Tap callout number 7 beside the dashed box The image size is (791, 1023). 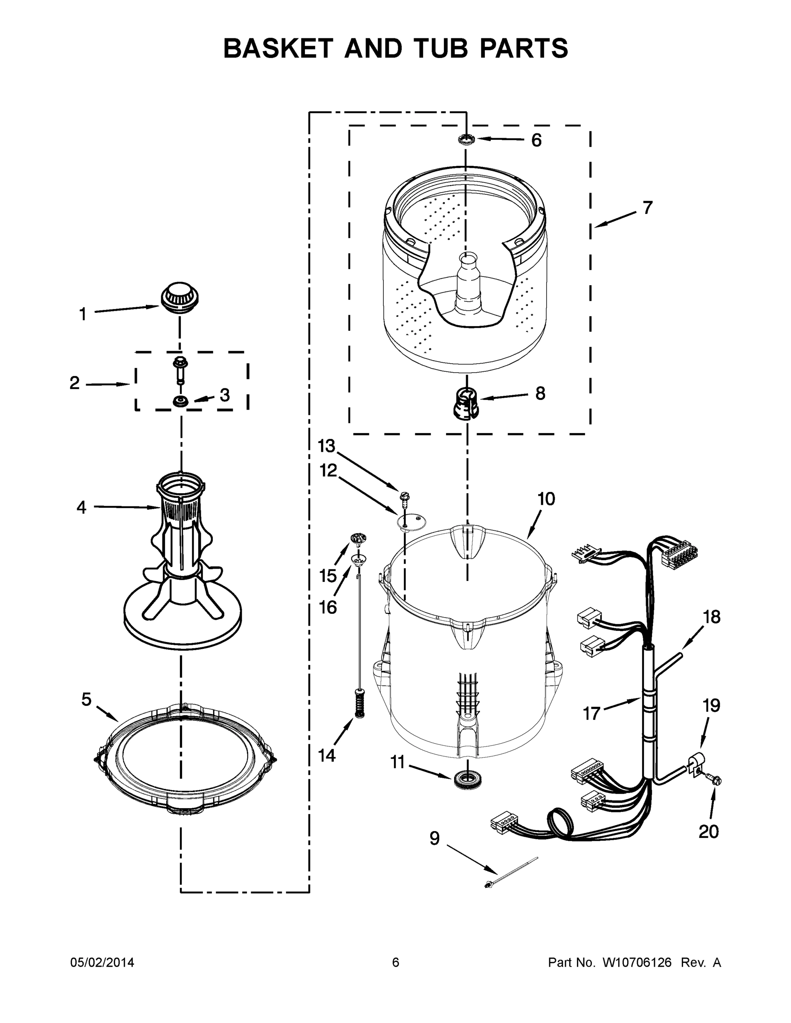click(647, 208)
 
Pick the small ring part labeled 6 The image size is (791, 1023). click(466, 139)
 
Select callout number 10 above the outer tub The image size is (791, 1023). click(546, 499)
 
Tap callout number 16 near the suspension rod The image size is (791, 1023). click(327, 607)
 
